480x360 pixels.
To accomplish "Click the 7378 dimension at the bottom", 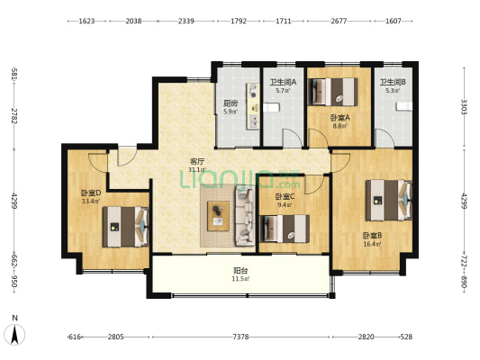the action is (x=240, y=337).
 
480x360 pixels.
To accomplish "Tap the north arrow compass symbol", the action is (x=14, y=335).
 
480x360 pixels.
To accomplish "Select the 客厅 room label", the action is (x=197, y=161).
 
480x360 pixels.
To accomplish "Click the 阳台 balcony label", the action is (x=240, y=270).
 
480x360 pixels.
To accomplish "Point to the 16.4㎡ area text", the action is (x=372, y=244).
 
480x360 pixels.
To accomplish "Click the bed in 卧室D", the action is (x=125, y=227).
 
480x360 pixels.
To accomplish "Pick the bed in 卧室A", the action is (x=332, y=92).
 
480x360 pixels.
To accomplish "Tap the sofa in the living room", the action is (x=245, y=217).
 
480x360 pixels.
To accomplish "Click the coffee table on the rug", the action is (x=218, y=216).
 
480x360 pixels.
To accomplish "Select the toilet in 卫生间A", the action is (x=271, y=108).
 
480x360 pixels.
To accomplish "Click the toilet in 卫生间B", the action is (x=404, y=106).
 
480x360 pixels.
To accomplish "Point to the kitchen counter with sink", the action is (x=253, y=106).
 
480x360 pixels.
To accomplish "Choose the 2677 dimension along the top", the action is (x=339, y=21).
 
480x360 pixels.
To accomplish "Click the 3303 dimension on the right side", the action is (x=464, y=107).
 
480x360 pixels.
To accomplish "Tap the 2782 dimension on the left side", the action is (x=14, y=115).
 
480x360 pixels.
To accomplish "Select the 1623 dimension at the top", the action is (x=86, y=21).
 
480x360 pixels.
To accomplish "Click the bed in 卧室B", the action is (x=389, y=200).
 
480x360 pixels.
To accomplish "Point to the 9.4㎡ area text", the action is (x=284, y=204).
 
